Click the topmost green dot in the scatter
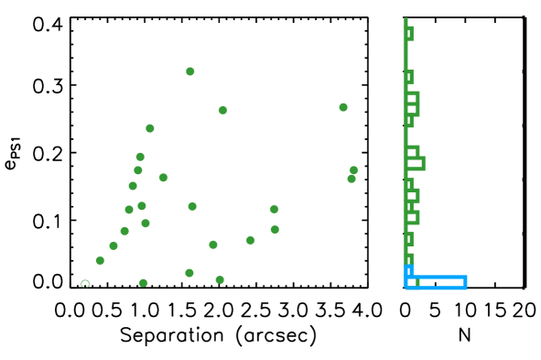click(x=190, y=71)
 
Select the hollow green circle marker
click(x=85, y=284)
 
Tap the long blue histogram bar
click(x=437, y=282)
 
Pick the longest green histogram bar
click(x=416, y=164)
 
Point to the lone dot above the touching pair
click(x=343, y=107)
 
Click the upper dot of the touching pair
click(x=353, y=170)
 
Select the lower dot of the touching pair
click(x=352, y=179)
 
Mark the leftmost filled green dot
click(x=100, y=260)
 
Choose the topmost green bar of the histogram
click(x=408, y=34)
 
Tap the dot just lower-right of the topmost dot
click(x=222, y=110)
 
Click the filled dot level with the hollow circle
click(x=144, y=283)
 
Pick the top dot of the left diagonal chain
click(x=150, y=128)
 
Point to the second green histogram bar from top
click(x=408, y=78)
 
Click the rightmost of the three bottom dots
click(x=220, y=279)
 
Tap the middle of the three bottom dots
click(x=189, y=273)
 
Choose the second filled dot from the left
click(x=114, y=245)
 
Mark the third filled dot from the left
click(x=124, y=231)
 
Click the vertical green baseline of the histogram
click(x=405, y=137)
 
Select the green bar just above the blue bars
click(x=408, y=259)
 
